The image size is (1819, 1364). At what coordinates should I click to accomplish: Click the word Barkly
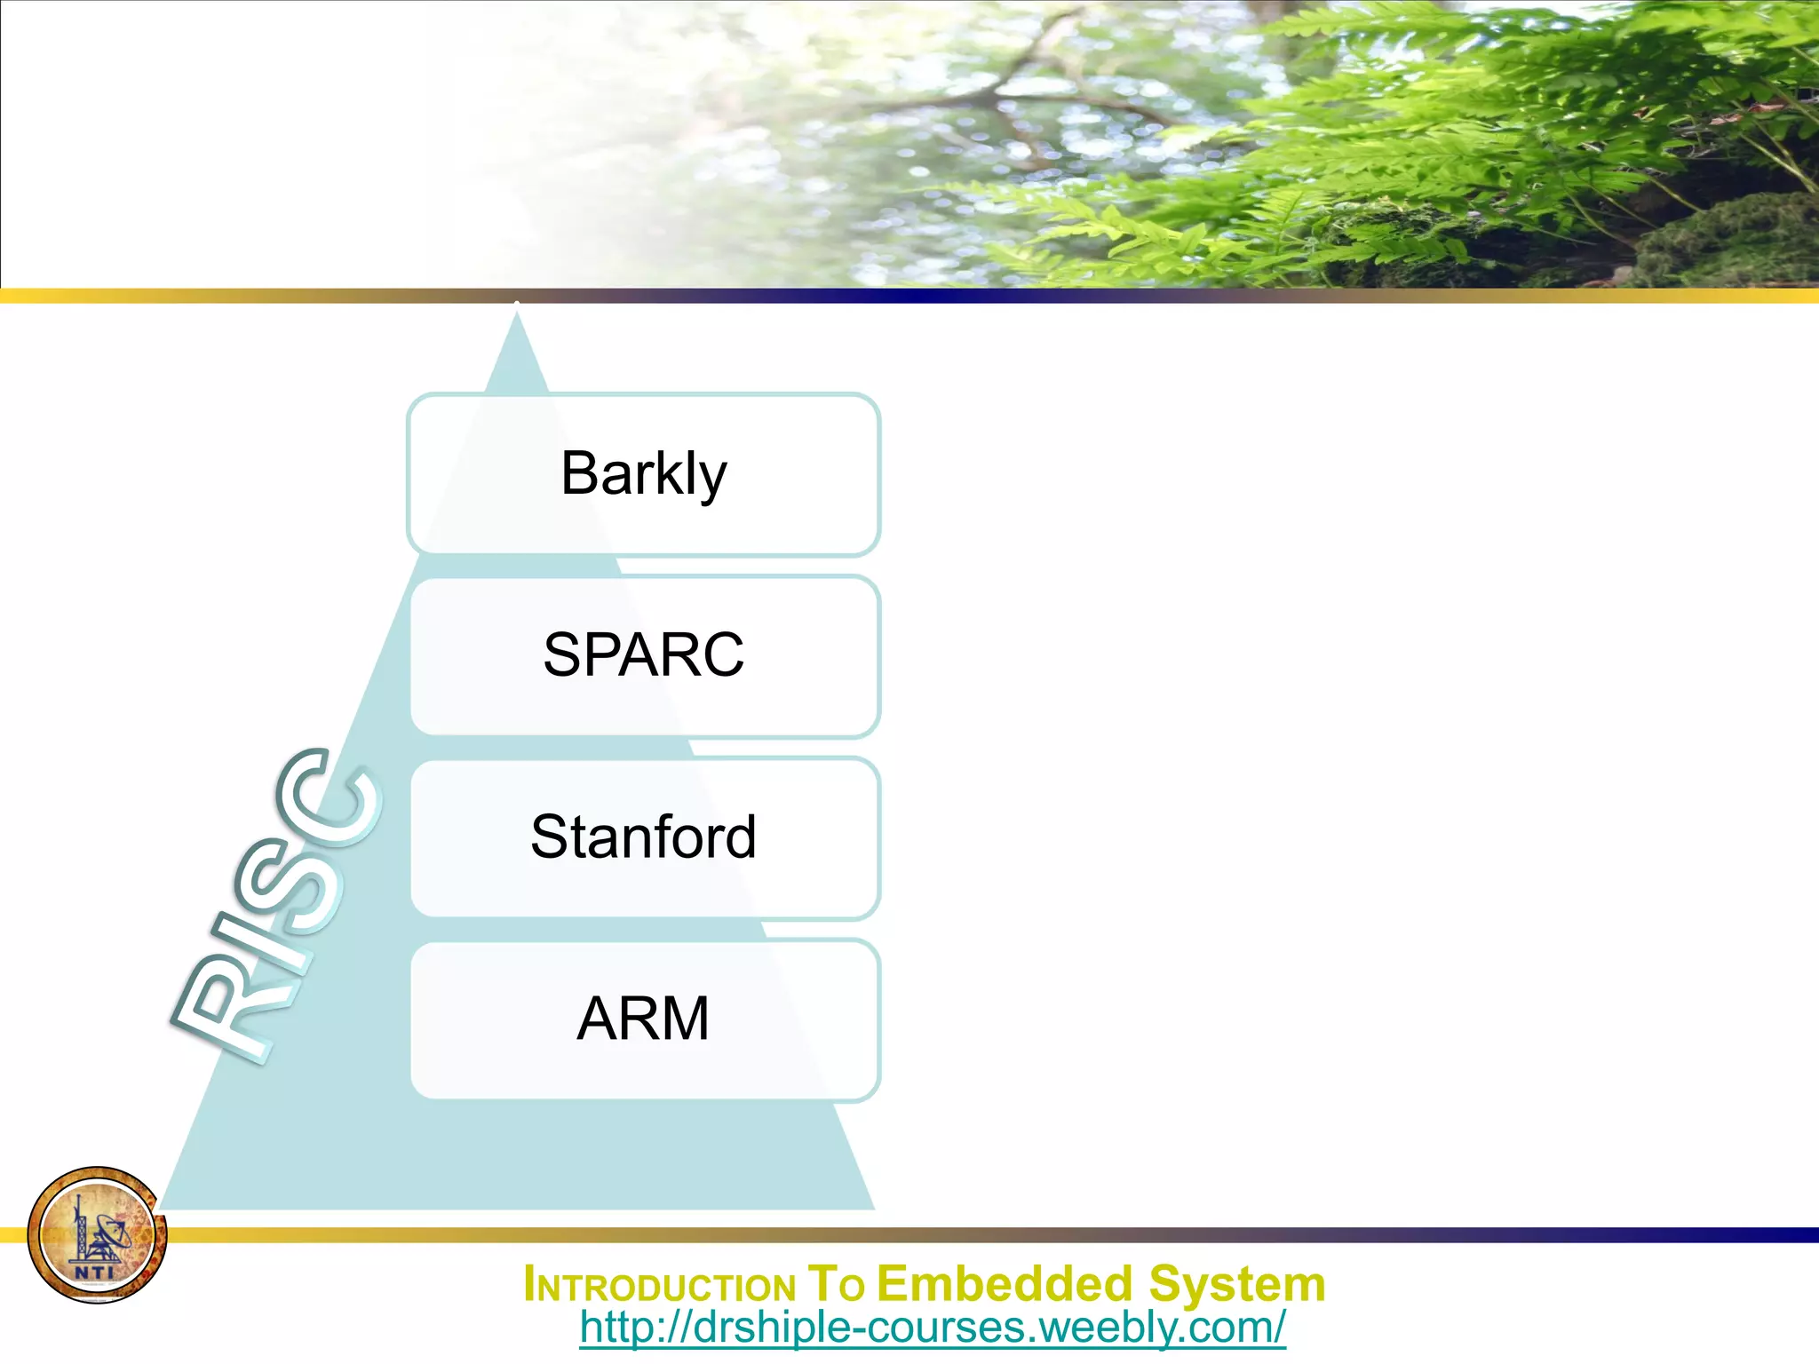[643, 474]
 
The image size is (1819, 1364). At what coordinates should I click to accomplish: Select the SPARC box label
[643, 655]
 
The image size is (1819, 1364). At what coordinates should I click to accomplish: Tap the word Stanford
[643, 837]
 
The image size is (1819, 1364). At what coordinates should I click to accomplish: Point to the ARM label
[643, 1018]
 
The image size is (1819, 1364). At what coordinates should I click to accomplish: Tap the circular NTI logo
[97, 1234]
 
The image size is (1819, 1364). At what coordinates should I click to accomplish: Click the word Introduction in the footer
[659, 1285]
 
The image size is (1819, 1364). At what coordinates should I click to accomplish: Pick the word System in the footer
[1236, 1284]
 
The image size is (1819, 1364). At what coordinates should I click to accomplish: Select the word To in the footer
[835, 1284]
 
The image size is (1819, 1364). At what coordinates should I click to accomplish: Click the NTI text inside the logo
[94, 1272]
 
